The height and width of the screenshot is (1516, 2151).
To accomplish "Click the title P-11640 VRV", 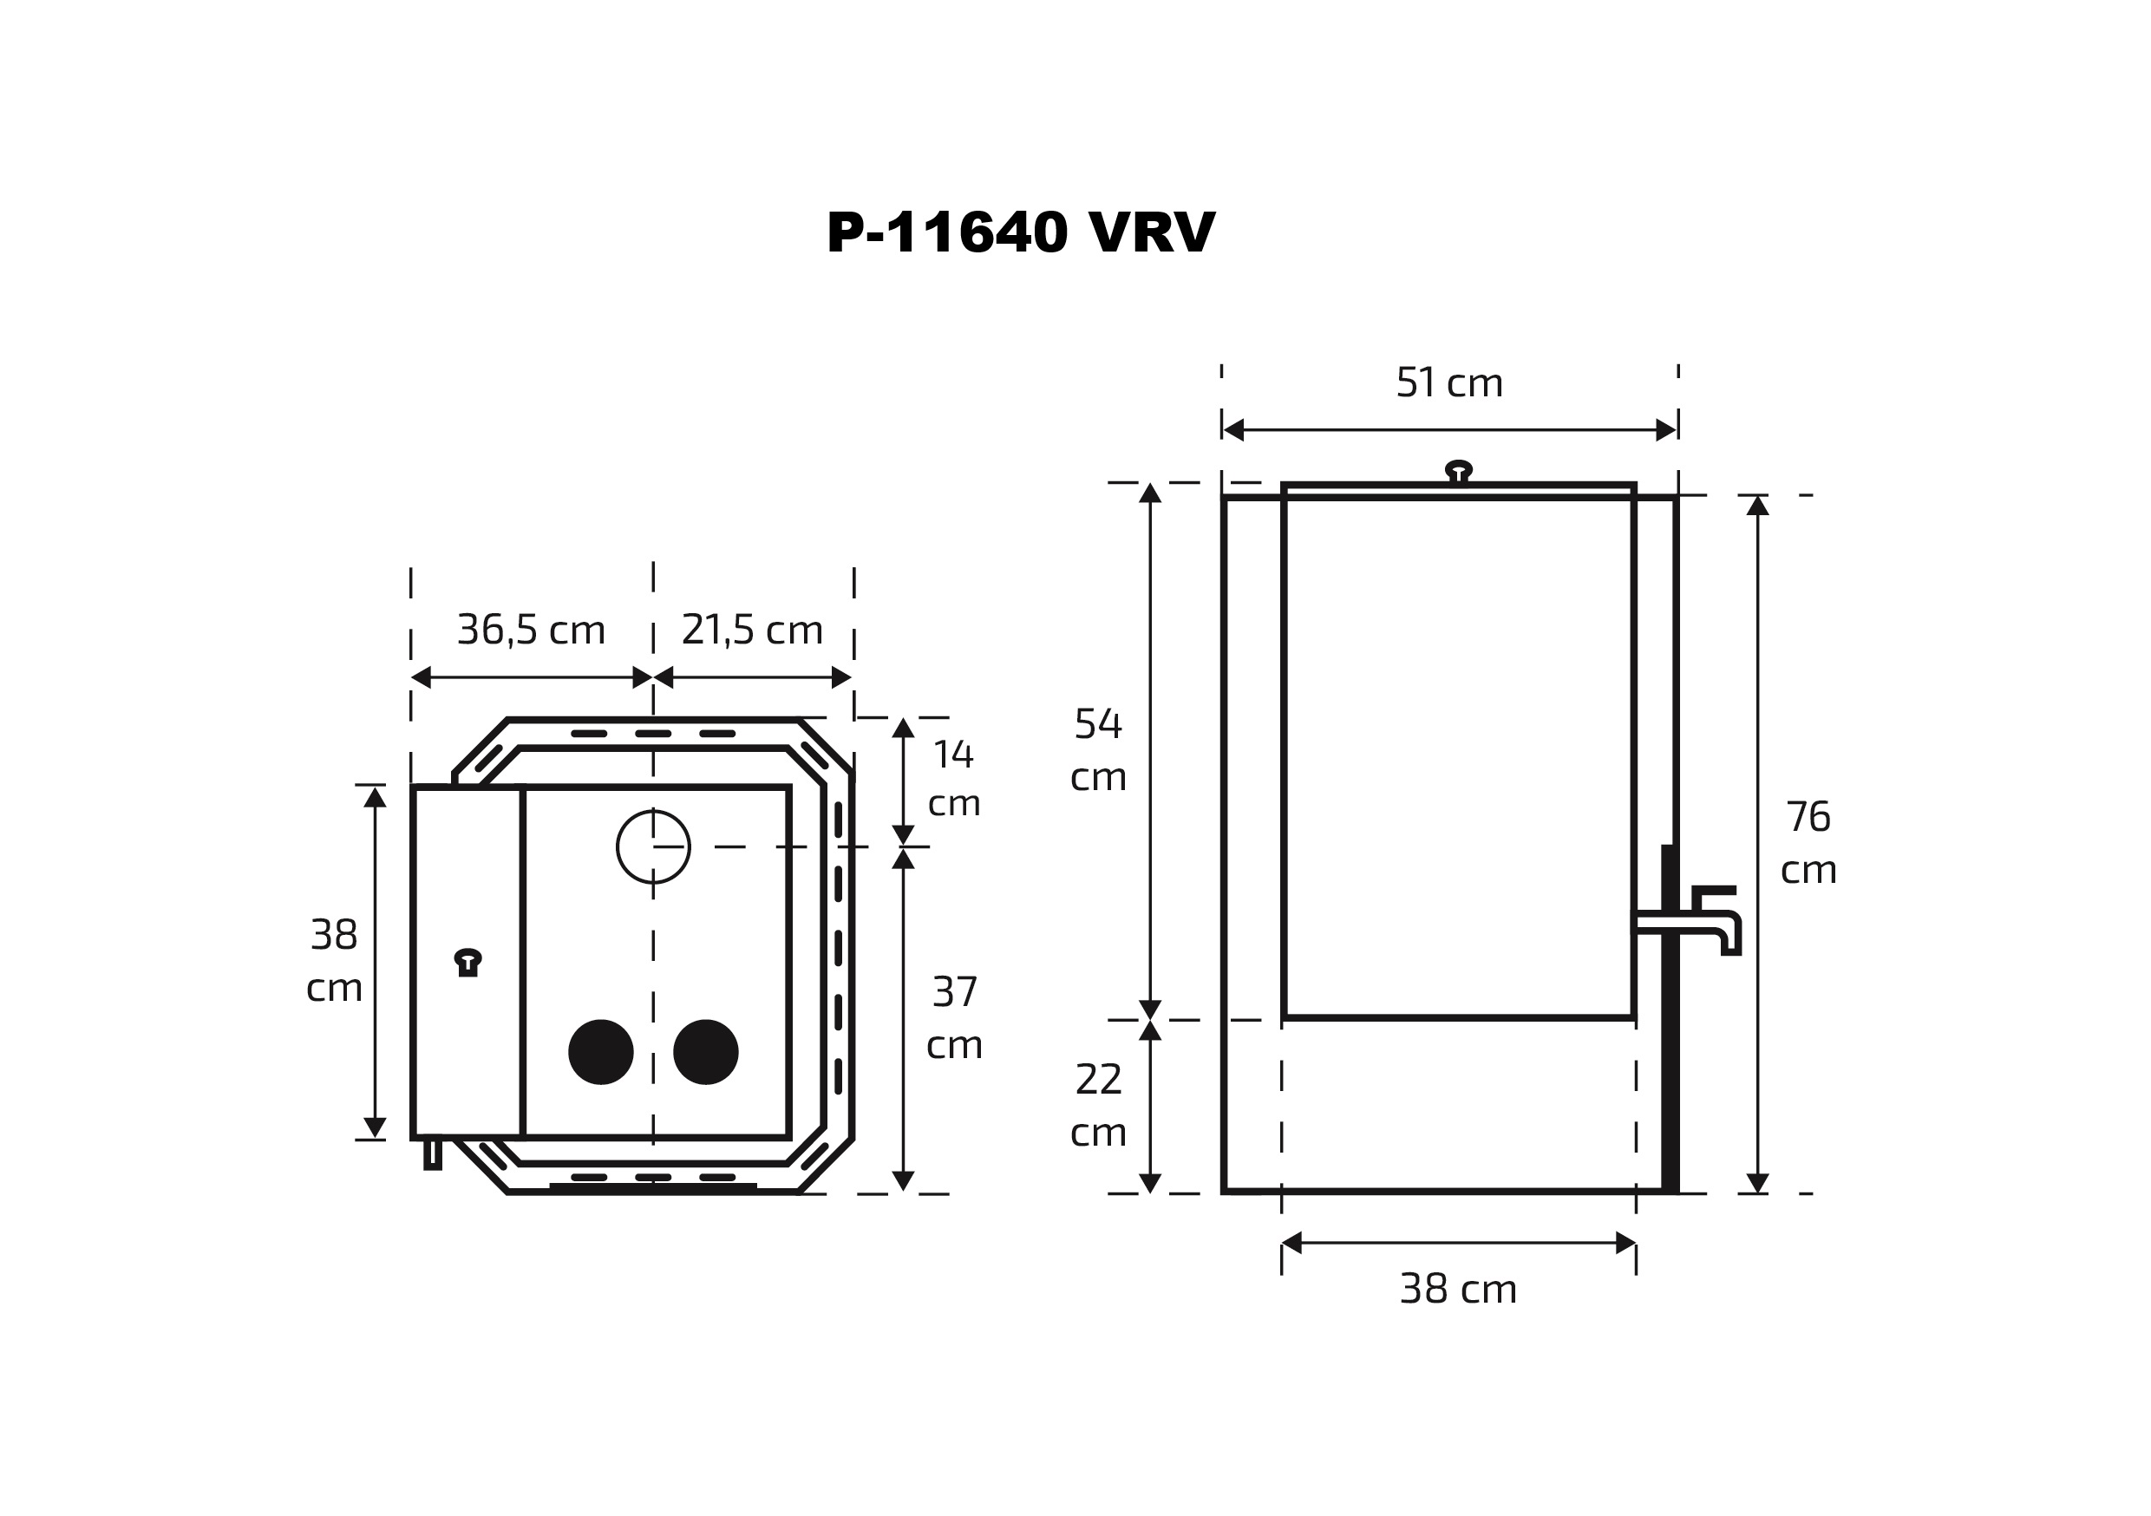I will pos(1020,232).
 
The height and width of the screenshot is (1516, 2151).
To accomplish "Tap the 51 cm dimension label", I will pos(1448,382).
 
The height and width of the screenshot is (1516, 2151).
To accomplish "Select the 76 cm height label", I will pos(1808,843).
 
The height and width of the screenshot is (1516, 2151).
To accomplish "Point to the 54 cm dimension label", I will pos(1097,750).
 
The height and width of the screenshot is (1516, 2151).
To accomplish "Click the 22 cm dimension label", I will pos(1097,1106).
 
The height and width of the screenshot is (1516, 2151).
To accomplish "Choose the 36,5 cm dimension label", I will pos(530,630).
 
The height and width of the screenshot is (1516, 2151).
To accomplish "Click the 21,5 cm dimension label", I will pos(751,630).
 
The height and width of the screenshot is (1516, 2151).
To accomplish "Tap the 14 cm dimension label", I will pos(954,779).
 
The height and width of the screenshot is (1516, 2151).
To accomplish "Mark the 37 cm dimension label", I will pos(954,1017).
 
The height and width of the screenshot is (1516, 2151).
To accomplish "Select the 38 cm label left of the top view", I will pos(334,960).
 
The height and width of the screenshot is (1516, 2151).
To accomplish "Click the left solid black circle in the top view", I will pos(600,1052).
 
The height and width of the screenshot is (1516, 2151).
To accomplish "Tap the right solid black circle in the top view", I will pos(705,1052).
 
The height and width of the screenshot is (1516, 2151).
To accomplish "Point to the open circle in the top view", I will pos(653,846).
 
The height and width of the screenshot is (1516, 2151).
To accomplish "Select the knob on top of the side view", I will pos(1458,471).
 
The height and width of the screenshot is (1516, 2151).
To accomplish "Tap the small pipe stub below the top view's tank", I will pos(432,1153).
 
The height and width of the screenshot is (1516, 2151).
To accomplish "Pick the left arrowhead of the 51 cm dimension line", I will pos(1232,430).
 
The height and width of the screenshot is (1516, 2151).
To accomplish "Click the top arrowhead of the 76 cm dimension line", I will pos(1757,506).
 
